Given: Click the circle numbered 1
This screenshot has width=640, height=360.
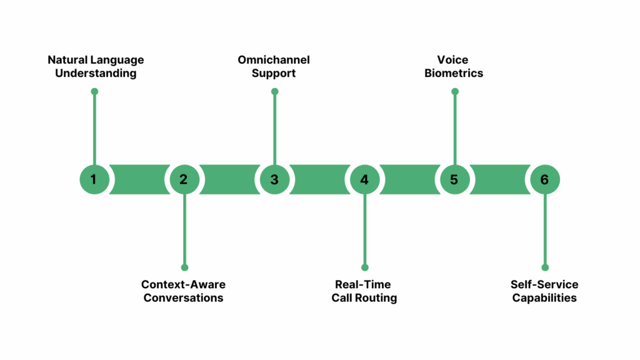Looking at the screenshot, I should tap(94, 179).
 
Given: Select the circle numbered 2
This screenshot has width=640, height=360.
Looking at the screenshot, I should tap(184, 179).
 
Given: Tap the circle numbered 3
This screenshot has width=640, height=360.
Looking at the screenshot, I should tap(274, 179).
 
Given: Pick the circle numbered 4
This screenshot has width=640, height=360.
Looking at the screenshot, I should tap(364, 179).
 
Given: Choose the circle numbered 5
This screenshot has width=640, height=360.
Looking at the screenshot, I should tap(454, 179).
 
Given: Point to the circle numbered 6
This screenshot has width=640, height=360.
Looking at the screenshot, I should tap(544, 179).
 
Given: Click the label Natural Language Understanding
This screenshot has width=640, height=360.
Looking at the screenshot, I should tap(96, 66).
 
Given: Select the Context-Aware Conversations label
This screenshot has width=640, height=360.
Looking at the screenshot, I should tap(183, 291).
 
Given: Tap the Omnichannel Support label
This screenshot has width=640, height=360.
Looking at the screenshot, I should tap(274, 66).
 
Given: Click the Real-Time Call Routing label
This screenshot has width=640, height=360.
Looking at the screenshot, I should tap(364, 291).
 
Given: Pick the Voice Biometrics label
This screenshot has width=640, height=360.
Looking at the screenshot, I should tap(454, 66).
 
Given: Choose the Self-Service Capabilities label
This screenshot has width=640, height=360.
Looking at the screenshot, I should tap(544, 291).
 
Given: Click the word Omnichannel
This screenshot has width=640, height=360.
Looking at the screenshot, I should tap(274, 60).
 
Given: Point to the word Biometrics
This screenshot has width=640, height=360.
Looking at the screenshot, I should tap(454, 73).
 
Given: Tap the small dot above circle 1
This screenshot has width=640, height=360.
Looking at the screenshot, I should tap(94, 92).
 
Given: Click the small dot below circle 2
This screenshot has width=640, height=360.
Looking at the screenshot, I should tap(184, 267).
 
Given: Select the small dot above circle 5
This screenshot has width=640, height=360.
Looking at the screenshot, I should tap(454, 92).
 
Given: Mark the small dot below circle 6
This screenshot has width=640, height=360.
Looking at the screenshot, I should tap(544, 267).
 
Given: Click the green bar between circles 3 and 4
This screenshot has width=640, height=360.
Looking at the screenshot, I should tap(319, 179).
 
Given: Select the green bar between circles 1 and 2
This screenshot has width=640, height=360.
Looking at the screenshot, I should tap(139, 179).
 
